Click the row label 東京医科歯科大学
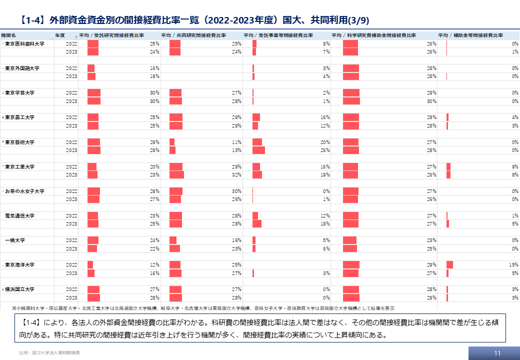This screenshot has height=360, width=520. tap(25, 44)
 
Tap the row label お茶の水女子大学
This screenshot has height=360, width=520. tap(25, 191)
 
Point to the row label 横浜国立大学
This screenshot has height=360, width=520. tap(20, 289)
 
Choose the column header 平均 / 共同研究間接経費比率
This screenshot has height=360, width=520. tap(193, 35)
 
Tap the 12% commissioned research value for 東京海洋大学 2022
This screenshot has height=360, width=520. tap(155, 264)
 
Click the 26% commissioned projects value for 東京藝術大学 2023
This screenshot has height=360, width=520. tap(325, 150)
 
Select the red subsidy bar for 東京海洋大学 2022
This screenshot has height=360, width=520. tap(449, 264)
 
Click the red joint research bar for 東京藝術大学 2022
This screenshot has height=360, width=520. tap(172, 142)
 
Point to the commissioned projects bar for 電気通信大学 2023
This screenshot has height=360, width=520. tap(257, 223)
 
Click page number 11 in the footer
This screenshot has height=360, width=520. tap(497, 352)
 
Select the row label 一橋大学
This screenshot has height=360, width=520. tap(15, 240)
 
